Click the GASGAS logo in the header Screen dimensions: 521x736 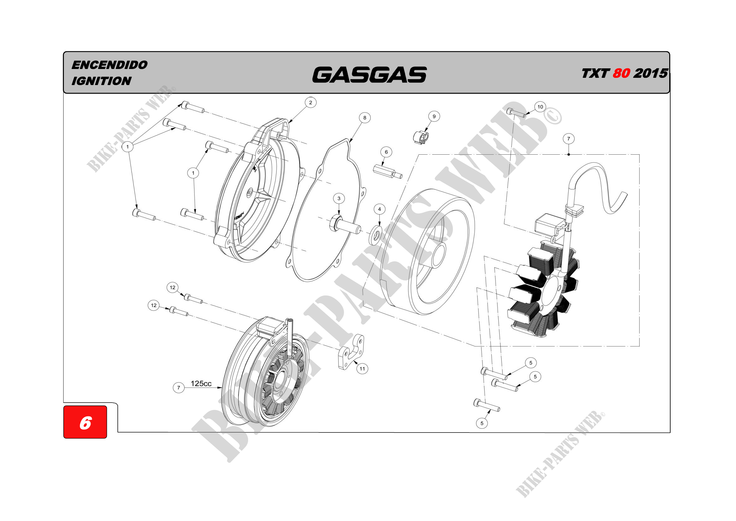tap(369, 74)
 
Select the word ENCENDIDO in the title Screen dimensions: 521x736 tap(109, 65)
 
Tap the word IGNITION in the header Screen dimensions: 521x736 tap(101, 81)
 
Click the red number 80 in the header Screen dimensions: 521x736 tap(621, 73)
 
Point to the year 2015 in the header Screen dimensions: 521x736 tap(650, 73)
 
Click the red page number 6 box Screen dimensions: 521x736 tap(85, 422)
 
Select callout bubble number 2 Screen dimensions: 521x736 tap(310, 103)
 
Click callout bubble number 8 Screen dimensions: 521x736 tap(364, 118)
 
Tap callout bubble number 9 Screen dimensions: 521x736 tap(434, 117)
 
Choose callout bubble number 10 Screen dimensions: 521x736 tap(540, 107)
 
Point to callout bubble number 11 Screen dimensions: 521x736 tap(362, 369)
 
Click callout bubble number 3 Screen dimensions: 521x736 tap(339, 198)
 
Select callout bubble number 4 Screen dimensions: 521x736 tap(379, 209)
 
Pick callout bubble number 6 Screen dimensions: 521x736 tap(386, 152)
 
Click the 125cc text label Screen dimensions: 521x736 tap(201, 383)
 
